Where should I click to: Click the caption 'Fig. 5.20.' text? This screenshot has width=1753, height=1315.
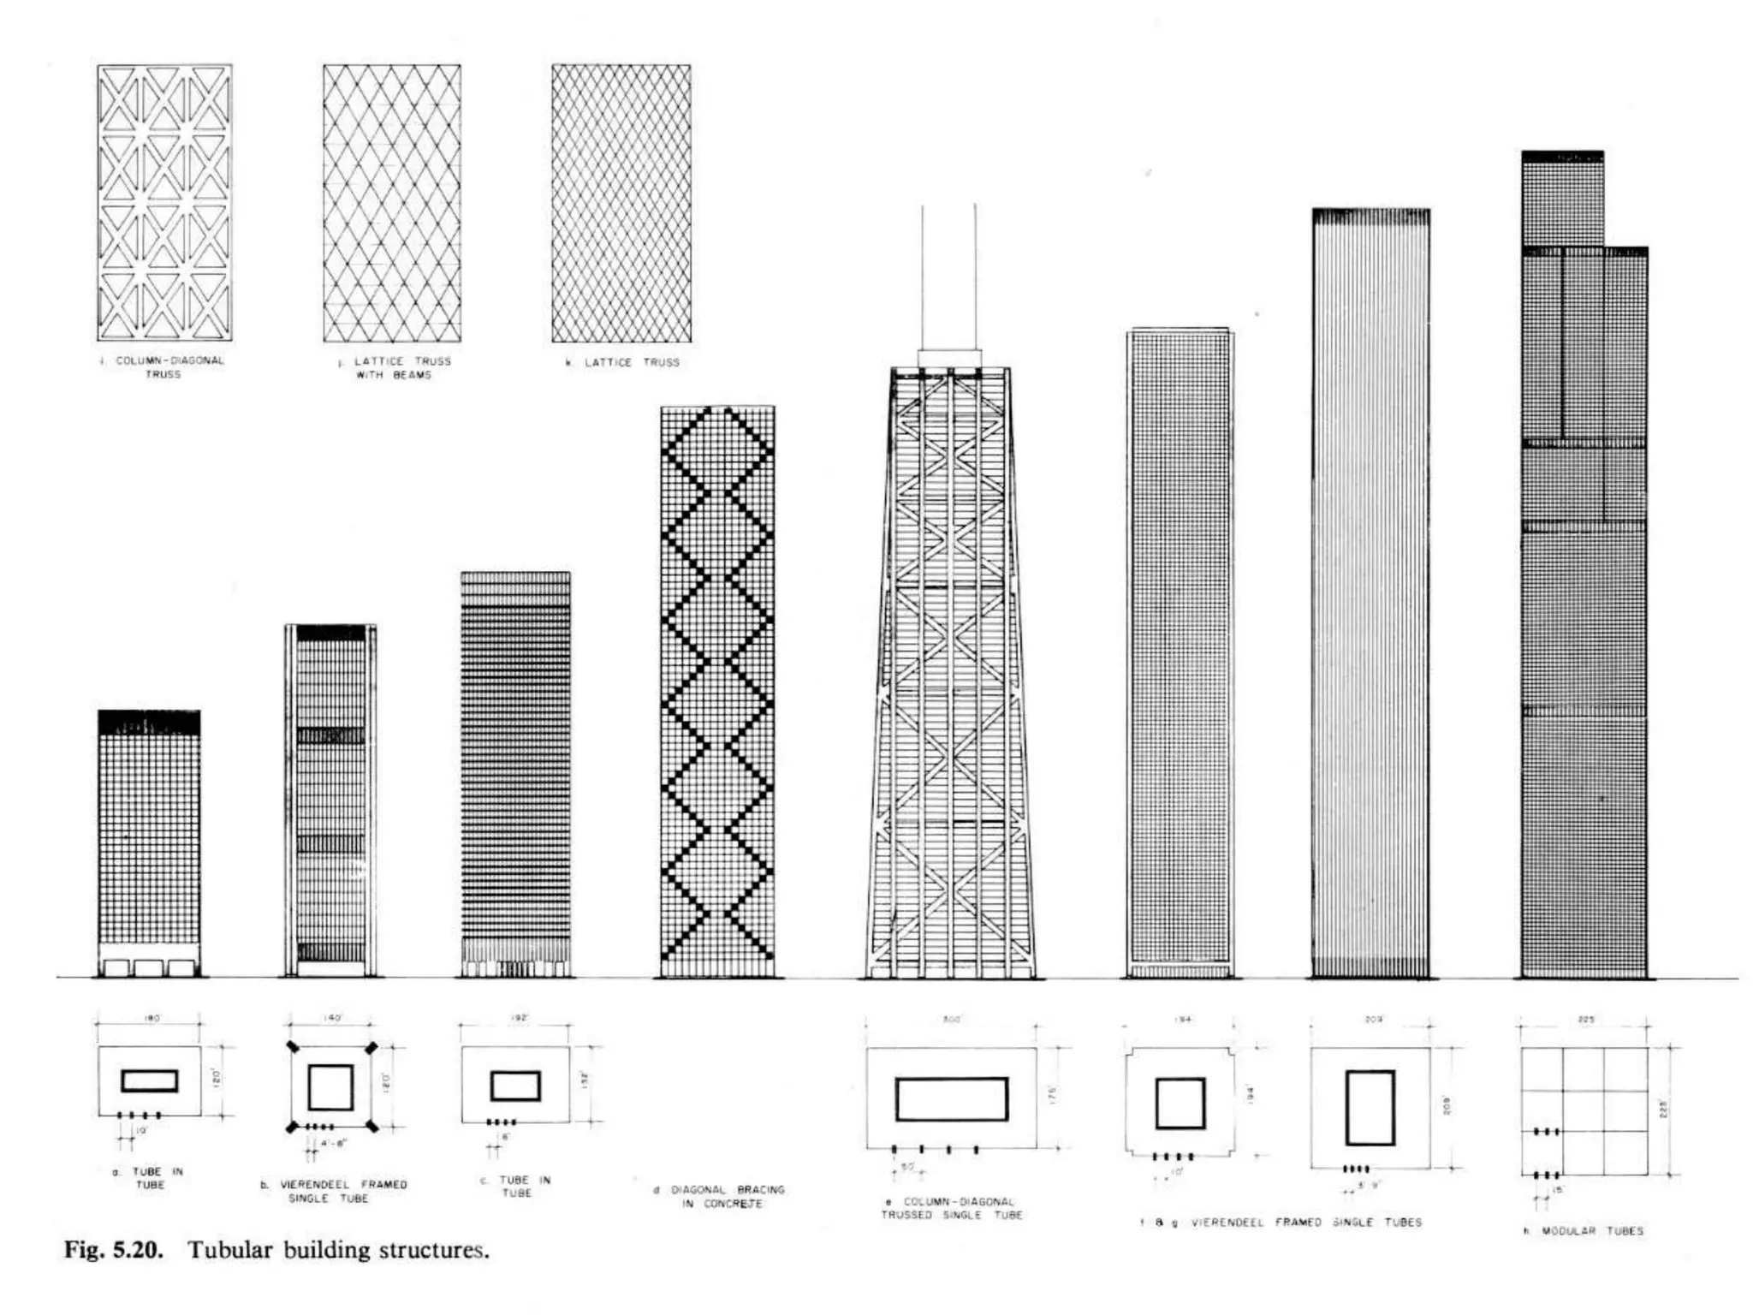click(113, 1250)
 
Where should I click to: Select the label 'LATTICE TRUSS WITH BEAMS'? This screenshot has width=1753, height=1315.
click(395, 368)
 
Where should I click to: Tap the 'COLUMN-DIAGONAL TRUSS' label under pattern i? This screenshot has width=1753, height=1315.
click(163, 367)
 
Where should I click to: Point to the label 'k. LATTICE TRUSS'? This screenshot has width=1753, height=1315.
click(623, 362)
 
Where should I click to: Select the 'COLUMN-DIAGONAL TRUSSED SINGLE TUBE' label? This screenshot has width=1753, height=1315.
click(951, 1208)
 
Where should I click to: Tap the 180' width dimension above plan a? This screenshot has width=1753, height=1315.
click(151, 1019)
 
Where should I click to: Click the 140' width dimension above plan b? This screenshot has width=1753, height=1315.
click(332, 1019)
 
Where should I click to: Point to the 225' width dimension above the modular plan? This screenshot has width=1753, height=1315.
click(1586, 1020)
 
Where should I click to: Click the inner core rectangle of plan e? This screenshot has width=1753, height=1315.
click(952, 1099)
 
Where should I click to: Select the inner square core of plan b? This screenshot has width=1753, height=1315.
click(330, 1087)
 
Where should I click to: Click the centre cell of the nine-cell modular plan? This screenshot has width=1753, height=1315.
click(1584, 1110)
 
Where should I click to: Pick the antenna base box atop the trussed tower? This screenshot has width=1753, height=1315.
click(949, 358)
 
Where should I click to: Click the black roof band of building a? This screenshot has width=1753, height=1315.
click(149, 722)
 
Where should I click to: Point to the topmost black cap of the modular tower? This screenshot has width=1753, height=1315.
click(1562, 157)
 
